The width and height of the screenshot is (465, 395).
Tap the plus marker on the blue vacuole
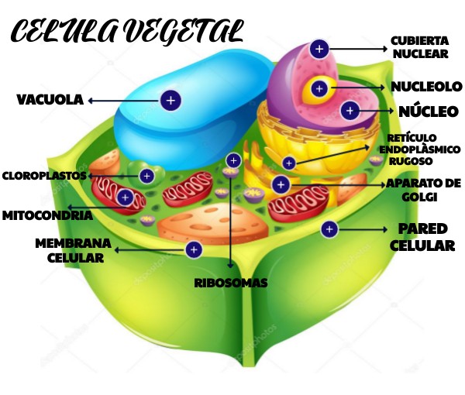click(170, 100)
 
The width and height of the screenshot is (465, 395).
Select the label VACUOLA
click(50, 100)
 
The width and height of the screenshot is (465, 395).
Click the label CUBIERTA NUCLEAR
click(420, 47)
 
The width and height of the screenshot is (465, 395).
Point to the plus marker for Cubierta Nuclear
click(319, 49)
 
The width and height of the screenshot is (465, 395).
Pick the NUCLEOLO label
click(426, 87)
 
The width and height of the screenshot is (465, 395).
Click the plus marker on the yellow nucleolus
click(319, 88)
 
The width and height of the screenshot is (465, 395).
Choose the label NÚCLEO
click(429, 112)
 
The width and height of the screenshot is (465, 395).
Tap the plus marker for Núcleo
click(350, 111)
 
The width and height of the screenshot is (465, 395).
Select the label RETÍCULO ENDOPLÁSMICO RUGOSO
click(419, 149)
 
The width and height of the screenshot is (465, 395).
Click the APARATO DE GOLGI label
click(423, 190)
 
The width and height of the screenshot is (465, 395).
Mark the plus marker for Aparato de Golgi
click(281, 184)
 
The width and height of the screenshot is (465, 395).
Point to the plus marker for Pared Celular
click(329, 229)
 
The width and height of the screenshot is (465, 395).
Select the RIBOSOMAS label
click(231, 283)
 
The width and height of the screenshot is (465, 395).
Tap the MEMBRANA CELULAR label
click(73, 250)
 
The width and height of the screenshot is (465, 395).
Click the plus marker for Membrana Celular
click(194, 249)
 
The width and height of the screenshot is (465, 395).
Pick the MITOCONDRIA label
click(46, 215)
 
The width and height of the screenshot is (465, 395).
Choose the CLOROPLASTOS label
click(43, 176)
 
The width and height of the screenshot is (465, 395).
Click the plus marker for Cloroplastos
click(146, 176)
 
